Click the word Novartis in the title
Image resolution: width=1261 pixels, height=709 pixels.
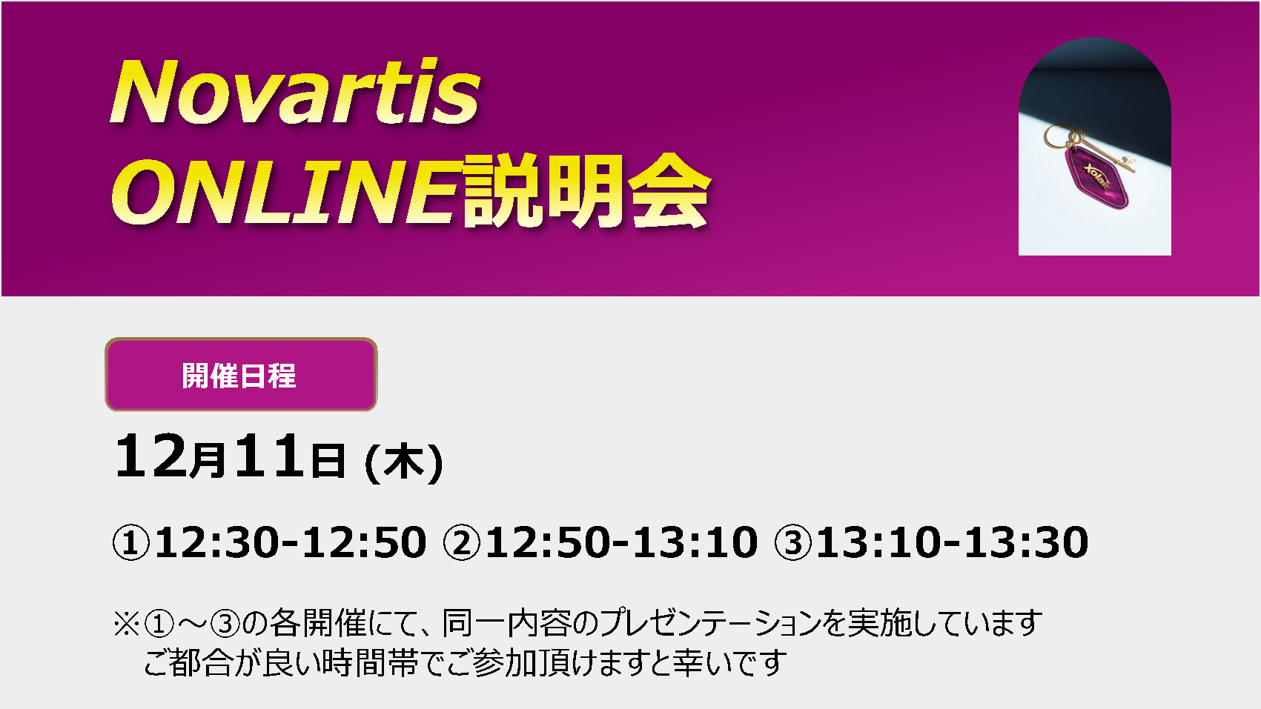[x=294, y=92]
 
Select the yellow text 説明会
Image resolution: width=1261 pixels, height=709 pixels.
[x=586, y=191]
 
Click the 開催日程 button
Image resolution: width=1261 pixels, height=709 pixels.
[x=241, y=375]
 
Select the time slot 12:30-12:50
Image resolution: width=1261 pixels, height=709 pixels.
[x=291, y=543]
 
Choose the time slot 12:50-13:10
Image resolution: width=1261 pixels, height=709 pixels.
[x=621, y=543]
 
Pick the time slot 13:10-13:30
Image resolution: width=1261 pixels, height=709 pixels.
[x=953, y=543]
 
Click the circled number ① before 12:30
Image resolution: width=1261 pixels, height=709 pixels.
[x=131, y=543]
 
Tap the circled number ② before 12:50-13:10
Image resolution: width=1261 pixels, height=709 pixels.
[x=462, y=543]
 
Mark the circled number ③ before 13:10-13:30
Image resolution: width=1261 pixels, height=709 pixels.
[x=793, y=543]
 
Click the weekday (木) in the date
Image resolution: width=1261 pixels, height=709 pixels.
[x=405, y=463]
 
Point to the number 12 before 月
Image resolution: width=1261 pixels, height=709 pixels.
[x=150, y=455]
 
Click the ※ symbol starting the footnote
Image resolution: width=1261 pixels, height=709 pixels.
[x=127, y=624]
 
